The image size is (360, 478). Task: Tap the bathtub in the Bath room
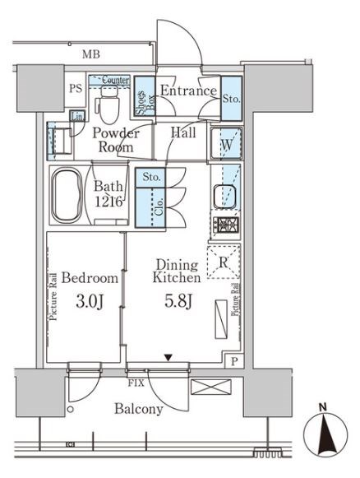[67, 196]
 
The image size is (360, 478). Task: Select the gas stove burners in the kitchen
[226, 225]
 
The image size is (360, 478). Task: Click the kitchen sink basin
[224, 196]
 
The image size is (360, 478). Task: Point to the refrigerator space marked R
[224, 262]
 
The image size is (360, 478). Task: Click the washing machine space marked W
[227, 144]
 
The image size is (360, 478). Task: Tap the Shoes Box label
[145, 100]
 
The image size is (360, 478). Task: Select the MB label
[91, 54]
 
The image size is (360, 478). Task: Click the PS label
[76, 88]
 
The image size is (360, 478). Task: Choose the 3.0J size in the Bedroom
[90, 301]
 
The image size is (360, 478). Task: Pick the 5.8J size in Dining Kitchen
[178, 301]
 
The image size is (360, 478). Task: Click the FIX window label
[136, 383]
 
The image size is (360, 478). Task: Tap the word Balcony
[139, 409]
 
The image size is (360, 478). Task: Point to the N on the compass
[323, 407]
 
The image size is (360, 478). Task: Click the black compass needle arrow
[326, 435]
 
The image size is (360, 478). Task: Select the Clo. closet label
[160, 207]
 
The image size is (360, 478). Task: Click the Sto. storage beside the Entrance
[232, 99]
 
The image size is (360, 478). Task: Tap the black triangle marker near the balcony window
[168, 357]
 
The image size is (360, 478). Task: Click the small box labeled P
[234, 362]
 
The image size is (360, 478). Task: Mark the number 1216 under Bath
[108, 202]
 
